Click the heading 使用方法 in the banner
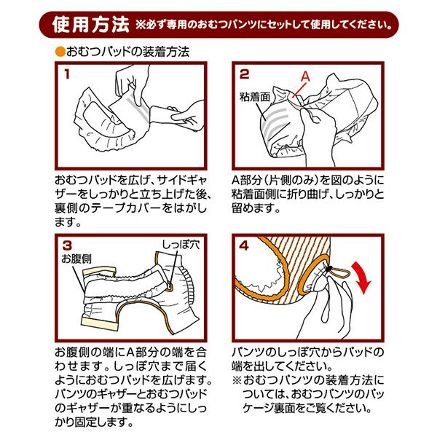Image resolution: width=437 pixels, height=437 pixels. tap(91, 25)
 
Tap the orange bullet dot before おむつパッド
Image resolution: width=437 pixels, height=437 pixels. tap(60, 52)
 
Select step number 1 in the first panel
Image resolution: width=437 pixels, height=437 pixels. tap(67, 74)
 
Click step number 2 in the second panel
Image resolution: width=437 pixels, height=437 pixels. tap(244, 74)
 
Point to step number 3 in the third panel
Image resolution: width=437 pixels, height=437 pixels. tap(67, 245)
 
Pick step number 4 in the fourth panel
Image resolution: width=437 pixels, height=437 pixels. tap(244, 245)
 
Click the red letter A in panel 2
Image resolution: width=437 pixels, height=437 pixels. tap(305, 76)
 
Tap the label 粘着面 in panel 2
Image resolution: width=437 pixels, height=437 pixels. tap(255, 97)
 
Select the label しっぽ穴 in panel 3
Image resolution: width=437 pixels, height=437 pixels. tap(181, 245)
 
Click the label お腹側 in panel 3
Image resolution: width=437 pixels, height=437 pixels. tap(76, 259)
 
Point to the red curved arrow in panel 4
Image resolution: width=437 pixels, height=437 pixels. tap(361, 278)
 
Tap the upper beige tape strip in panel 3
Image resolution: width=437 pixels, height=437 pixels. tap(100, 271)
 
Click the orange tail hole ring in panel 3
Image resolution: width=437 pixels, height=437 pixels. tap(169, 287)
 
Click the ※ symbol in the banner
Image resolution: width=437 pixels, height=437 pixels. tap(140, 25)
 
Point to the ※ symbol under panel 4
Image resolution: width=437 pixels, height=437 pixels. tap(237, 380)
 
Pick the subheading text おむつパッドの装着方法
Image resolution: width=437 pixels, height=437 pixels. tap(128, 52)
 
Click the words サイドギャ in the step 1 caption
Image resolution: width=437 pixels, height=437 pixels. tap(182, 180)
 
